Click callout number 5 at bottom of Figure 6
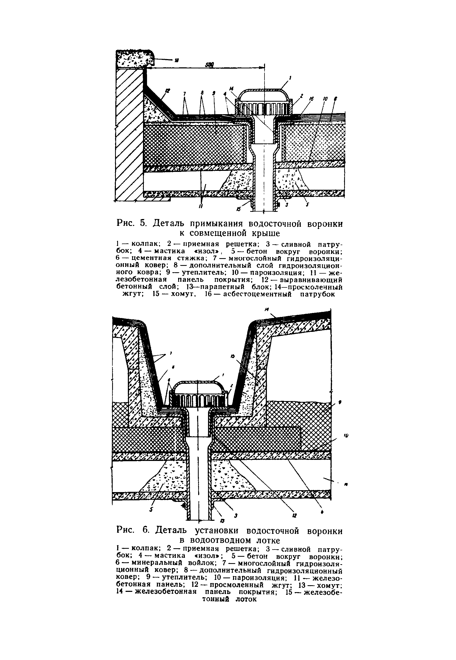(x=152, y=509)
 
